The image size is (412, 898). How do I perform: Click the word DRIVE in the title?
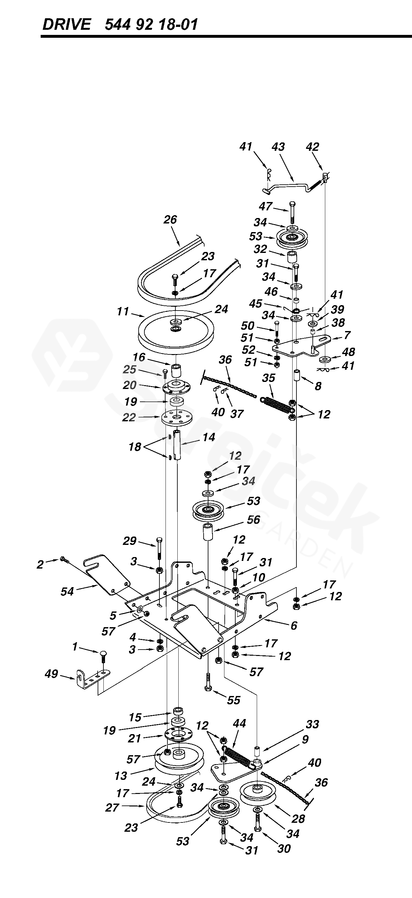(66, 25)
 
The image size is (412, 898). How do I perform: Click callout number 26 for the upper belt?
(170, 220)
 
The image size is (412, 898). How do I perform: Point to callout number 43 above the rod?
(278, 147)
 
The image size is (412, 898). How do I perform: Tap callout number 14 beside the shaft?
(209, 437)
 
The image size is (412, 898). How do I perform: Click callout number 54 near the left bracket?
(67, 592)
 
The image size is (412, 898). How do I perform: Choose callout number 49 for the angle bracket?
(51, 674)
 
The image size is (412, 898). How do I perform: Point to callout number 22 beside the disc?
(129, 417)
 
